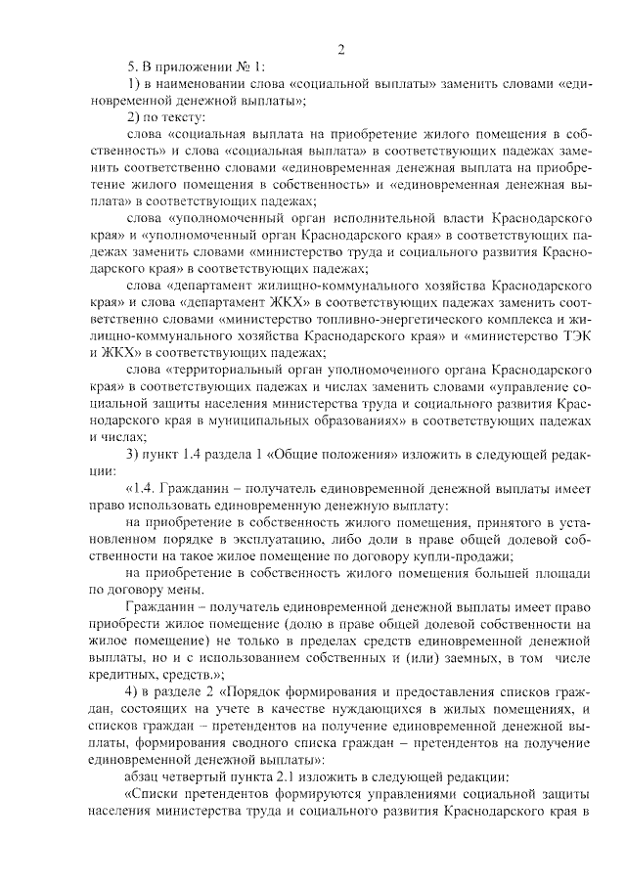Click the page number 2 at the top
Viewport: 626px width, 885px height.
point(341,50)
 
